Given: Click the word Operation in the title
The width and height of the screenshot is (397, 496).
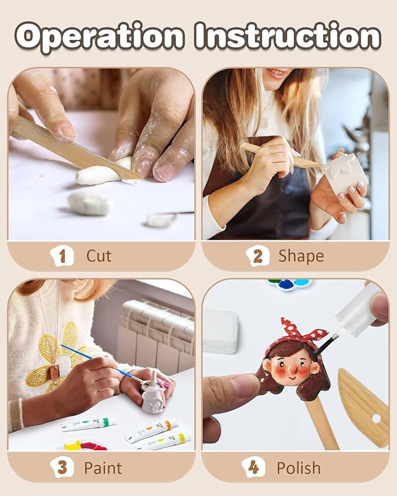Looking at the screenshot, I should [x=100, y=37].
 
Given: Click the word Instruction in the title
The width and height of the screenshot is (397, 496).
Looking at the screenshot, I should [x=288, y=36].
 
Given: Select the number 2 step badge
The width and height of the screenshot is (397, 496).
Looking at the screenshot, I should [x=257, y=255].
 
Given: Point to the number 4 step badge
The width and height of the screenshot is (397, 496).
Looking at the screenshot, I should [x=253, y=467].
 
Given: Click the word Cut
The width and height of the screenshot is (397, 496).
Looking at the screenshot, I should [x=99, y=255].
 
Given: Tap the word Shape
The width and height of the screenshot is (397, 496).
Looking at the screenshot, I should [x=301, y=255].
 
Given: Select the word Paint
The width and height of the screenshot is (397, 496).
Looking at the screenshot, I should [x=103, y=467].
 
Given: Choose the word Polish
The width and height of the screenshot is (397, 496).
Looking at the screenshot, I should [x=298, y=467].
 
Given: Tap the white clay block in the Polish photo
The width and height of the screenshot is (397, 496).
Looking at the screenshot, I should [x=220, y=330].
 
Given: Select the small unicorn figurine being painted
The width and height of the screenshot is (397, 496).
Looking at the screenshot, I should [x=153, y=394].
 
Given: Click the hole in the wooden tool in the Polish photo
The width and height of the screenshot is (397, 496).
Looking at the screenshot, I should [x=375, y=418].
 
